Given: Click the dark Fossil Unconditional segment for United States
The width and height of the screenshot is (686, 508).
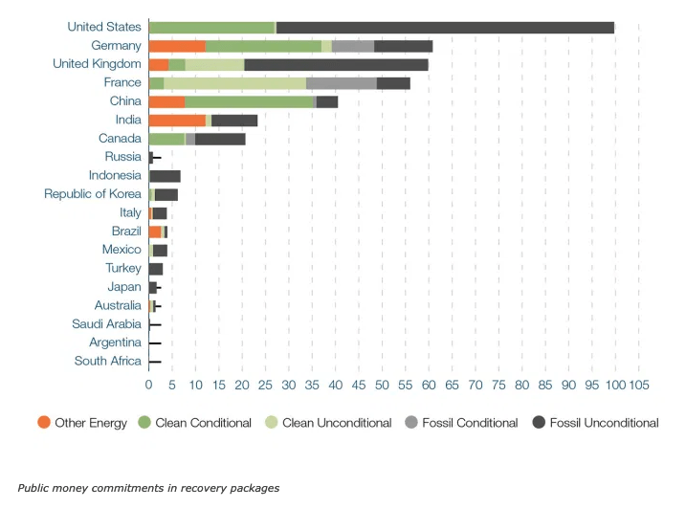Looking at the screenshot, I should pos(445,27).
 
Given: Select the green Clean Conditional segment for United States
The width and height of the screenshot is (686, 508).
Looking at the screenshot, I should pos(211,27).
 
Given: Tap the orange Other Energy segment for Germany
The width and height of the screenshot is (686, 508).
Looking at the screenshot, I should pos(177,46).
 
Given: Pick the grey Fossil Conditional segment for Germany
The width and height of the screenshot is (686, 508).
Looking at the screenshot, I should pos(353,46).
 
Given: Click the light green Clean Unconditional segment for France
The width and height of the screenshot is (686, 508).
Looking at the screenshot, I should pos(234,83).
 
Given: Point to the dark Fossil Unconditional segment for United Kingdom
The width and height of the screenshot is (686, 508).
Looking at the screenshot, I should pos(336,64).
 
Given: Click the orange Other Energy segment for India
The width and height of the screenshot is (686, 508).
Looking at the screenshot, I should pos(177,120).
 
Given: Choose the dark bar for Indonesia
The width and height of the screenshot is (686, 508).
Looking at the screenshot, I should pos(165,176).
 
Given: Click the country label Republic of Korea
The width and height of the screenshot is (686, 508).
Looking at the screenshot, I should pos(93,194).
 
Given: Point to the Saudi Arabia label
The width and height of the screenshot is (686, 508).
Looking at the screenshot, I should pos(107,324).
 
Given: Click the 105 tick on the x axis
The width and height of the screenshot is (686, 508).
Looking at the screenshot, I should pos(638,384).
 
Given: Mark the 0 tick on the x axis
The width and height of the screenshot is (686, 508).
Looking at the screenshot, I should pos(149,384).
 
